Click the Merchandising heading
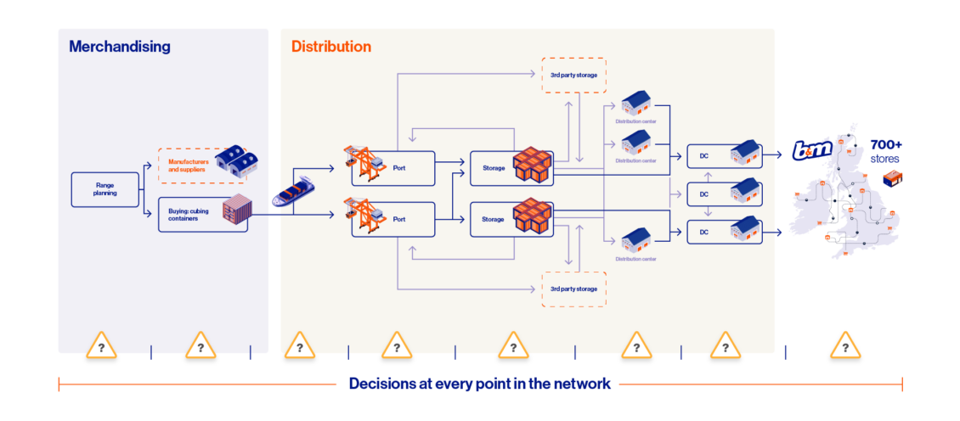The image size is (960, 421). (120, 47)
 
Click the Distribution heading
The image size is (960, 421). (330, 47)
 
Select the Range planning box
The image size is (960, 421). (105, 189)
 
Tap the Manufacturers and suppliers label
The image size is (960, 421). (189, 166)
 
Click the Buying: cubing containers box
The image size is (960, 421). (203, 214)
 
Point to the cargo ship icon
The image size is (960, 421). (294, 191)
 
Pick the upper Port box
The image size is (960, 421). (392, 168)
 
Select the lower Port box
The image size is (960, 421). (392, 218)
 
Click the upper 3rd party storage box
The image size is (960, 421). (573, 76)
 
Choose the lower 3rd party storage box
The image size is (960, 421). (573, 289)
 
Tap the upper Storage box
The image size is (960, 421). (511, 168)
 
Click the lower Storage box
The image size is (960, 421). (511, 219)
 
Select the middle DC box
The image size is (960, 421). (725, 194)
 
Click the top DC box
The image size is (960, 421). (725, 156)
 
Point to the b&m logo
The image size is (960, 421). (812, 149)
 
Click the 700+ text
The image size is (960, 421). (886, 146)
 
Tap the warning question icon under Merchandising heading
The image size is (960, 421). (102, 345)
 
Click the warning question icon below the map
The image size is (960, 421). (845, 345)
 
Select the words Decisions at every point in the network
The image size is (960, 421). (479, 384)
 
